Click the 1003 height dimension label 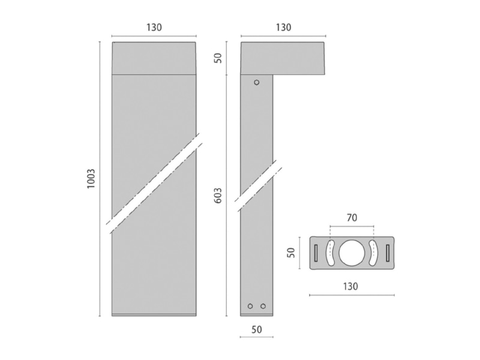click(x=91, y=178)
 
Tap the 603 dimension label click(x=218, y=196)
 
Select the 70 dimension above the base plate click(x=352, y=218)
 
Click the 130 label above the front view click(x=154, y=27)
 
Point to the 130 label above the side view click(x=283, y=27)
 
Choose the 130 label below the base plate click(x=350, y=286)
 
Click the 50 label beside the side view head click(x=218, y=58)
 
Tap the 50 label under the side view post click(x=257, y=329)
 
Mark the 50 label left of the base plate click(x=291, y=252)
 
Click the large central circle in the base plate click(x=352, y=253)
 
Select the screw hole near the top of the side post click(x=257, y=82)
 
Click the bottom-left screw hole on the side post click(x=250, y=306)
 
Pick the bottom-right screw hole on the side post click(x=263, y=306)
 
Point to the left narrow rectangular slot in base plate click(x=316, y=253)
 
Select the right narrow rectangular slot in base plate click(x=388, y=253)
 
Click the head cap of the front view click(x=154, y=58)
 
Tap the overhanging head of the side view click(x=283, y=58)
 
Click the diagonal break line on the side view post click(x=258, y=186)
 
